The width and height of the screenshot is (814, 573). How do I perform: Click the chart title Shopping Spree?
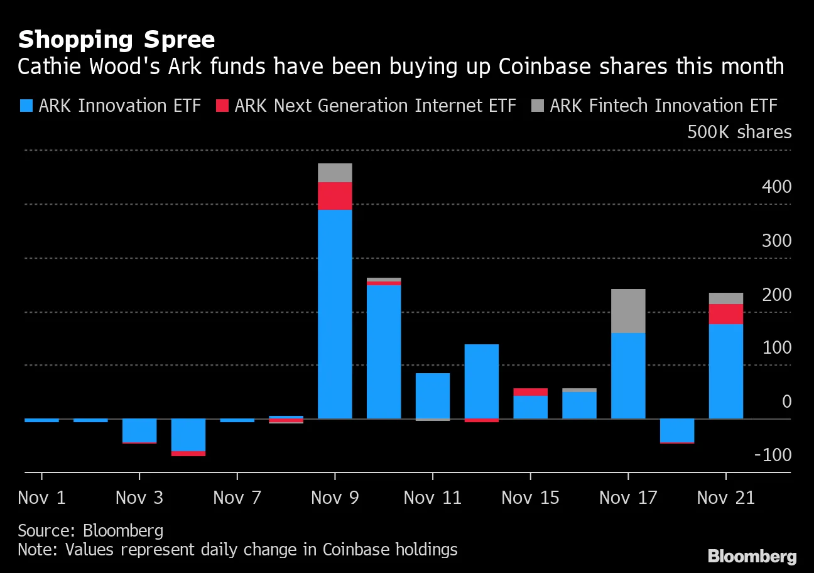point(116,40)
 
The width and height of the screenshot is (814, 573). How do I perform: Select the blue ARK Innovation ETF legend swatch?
point(26,106)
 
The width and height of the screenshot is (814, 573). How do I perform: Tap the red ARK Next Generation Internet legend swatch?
point(222,106)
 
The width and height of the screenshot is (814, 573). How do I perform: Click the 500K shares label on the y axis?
point(739,133)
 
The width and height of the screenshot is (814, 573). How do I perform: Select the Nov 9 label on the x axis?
point(335,498)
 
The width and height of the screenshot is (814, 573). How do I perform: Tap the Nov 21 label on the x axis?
point(725,498)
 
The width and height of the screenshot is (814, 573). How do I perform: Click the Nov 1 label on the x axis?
point(41,498)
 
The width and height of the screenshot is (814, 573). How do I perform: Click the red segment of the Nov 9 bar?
point(335,196)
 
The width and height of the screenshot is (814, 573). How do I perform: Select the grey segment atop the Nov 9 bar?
point(335,173)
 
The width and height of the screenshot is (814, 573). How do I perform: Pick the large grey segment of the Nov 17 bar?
point(628,311)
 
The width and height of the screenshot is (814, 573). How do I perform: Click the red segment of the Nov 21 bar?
point(725,314)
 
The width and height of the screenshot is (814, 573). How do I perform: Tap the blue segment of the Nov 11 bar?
point(433,396)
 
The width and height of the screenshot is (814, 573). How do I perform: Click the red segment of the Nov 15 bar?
point(531,392)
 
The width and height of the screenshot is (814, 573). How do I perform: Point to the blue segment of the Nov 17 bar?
point(628,376)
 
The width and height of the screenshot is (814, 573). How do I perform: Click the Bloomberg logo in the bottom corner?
point(752,557)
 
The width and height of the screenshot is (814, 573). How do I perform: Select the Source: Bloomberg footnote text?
point(90,531)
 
